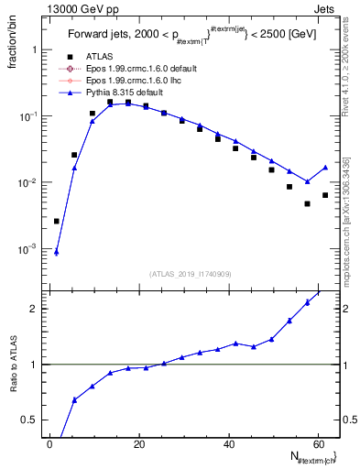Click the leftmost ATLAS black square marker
click(x=57, y=221)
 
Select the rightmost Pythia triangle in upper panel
click(x=325, y=168)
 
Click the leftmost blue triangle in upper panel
click(x=57, y=252)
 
